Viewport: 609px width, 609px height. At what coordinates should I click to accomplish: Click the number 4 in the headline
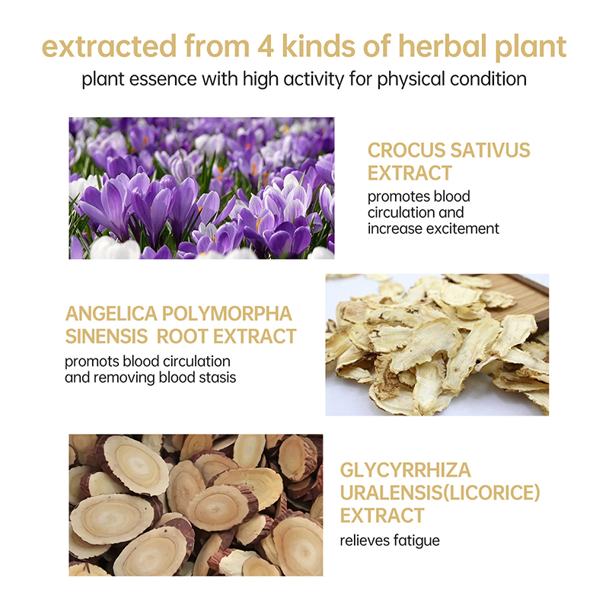point(265,46)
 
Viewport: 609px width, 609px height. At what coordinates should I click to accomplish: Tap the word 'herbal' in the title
point(442,46)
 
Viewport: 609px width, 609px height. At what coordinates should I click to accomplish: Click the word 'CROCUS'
point(400,150)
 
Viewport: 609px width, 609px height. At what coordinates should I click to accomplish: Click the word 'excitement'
point(463,229)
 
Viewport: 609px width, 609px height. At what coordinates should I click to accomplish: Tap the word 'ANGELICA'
point(111,314)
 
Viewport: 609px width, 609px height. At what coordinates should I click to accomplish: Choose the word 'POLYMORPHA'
point(227,314)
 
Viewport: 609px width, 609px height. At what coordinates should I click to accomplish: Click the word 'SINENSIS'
point(107,336)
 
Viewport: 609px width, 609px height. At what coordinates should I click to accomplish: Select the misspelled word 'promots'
point(91,362)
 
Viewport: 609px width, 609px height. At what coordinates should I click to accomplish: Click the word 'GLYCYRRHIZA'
point(406,470)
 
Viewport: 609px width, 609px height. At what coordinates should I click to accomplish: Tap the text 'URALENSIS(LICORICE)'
point(440,493)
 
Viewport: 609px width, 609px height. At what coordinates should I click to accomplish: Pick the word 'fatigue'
point(416,541)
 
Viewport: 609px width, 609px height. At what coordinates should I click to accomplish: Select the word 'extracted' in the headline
point(109,46)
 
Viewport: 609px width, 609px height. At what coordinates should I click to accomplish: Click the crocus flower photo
point(202,188)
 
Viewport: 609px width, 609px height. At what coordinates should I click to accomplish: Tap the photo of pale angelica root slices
point(437,345)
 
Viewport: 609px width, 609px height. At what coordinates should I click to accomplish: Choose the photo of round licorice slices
point(196,505)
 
